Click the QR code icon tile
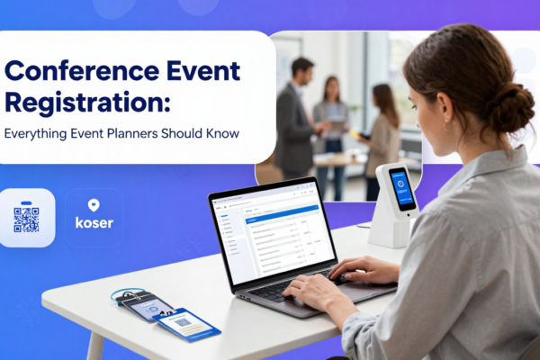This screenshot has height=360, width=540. pyautogui.click(x=26, y=218)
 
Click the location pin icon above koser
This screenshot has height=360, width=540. pyautogui.click(x=94, y=206)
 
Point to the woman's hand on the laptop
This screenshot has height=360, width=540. pyautogui.click(x=360, y=269)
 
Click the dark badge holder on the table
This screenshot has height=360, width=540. pyautogui.click(x=143, y=307)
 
